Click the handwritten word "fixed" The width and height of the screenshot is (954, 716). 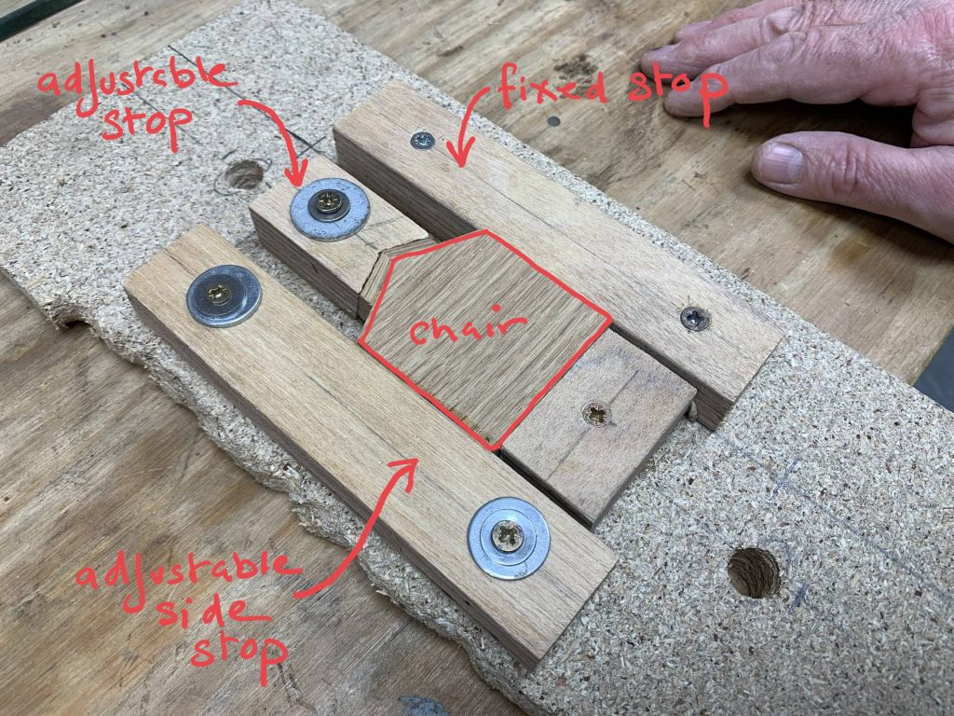[x=552, y=89]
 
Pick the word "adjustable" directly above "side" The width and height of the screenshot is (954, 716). [x=187, y=576]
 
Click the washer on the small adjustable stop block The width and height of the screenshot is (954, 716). [x=330, y=209]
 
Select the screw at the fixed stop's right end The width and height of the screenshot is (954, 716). [x=695, y=318]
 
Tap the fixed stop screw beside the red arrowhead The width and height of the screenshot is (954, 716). [x=422, y=142]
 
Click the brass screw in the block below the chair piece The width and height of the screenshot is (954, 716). [x=595, y=414]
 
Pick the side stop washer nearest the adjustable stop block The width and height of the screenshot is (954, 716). [x=224, y=296]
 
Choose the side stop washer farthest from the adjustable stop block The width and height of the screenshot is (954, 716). [x=509, y=538]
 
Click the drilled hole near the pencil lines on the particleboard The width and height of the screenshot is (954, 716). [x=754, y=572]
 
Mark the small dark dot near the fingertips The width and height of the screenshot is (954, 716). [x=553, y=120]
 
